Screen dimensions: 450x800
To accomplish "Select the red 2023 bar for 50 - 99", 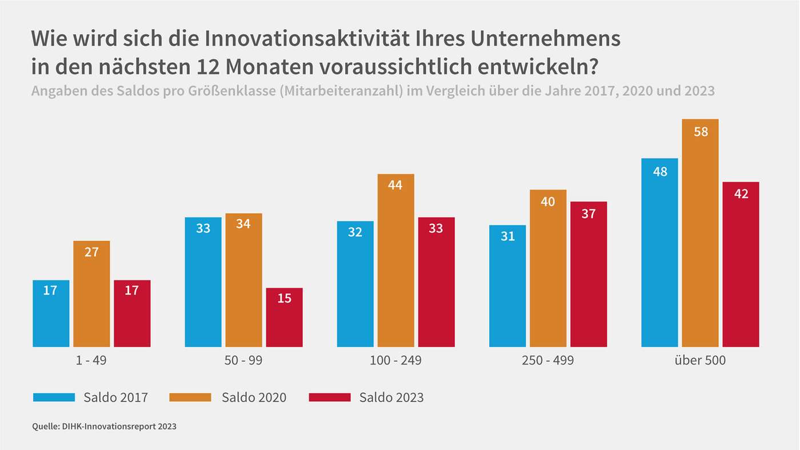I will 284,320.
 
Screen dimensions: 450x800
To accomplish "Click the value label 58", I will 701,132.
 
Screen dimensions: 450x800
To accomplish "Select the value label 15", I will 284,298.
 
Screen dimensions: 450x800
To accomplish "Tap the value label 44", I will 395,185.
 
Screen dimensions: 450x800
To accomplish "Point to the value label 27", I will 91,252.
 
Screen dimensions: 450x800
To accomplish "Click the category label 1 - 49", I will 91,361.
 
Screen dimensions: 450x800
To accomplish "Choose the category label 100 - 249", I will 395,361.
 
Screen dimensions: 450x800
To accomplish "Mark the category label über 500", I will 700,361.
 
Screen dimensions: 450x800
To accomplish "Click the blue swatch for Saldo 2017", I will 54,397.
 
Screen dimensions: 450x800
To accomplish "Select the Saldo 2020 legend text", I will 254,397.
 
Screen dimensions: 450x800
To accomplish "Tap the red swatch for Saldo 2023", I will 329,397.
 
